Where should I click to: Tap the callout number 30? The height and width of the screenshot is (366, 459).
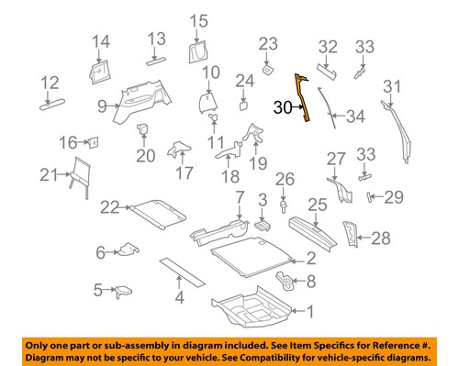point(284,107)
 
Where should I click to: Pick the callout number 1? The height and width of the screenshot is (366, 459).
point(309,311)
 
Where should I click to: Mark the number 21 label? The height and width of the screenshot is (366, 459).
point(49,175)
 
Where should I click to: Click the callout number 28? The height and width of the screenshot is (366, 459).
point(380,239)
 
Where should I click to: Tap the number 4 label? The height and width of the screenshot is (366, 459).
point(180,296)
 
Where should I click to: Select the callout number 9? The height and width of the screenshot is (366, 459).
point(102,106)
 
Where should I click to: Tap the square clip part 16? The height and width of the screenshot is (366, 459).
point(92,142)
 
